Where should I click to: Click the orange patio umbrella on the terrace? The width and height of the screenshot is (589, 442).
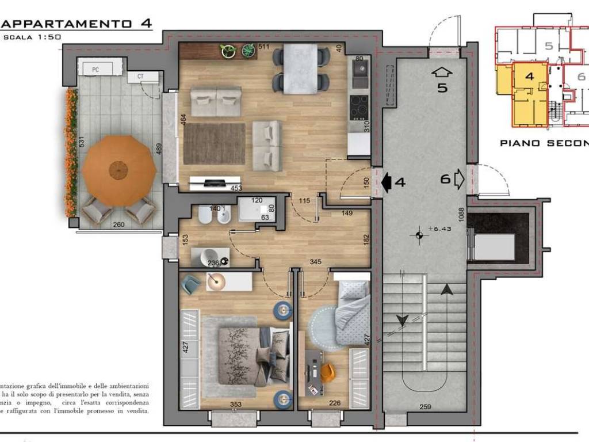coord(118,170)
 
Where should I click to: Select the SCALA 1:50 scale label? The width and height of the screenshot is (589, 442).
coord(32,37)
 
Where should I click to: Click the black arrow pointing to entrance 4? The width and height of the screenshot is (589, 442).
coord(387,182)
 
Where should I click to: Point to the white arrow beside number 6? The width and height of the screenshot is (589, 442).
coord(459,179)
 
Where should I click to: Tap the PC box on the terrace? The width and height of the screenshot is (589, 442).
coord(95,69)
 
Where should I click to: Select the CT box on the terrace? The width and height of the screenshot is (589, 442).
coord(140,76)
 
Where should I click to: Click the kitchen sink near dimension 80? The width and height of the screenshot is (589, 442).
coord(360,75)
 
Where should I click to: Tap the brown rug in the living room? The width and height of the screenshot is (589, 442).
coord(215,144)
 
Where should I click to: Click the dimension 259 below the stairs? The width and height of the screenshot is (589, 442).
coord(425,407)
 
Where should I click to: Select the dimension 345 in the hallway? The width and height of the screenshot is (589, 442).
coord(315,262)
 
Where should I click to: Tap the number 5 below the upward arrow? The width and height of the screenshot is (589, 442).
coord(442,88)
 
